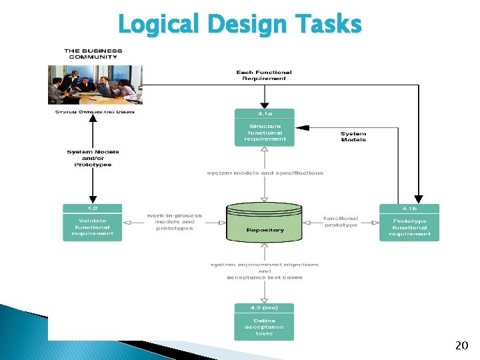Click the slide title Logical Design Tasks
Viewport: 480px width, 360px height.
click(240, 25)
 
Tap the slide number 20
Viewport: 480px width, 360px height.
click(461, 345)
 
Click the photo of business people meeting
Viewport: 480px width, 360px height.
click(95, 83)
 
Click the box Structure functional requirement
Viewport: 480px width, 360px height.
click(265, 133)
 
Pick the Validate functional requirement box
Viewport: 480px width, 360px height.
click(93, 227)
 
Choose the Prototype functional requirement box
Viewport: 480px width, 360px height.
click(409, 227)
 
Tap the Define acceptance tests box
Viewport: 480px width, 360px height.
click(265, 327)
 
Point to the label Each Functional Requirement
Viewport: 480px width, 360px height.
click(264, 75)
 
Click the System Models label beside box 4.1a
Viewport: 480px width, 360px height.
click(353, 137)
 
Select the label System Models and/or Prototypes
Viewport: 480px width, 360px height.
click(93, 158)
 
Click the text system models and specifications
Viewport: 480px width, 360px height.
click(265, 173)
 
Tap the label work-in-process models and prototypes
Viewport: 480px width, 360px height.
click(175, 222)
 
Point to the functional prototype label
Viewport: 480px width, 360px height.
click(341, 221)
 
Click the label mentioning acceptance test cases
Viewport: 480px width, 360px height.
click(265, 271)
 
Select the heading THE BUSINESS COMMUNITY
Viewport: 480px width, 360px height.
click(93, 53)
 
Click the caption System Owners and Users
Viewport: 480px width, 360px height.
click(95, 111)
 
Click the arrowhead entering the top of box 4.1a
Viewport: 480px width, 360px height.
click(265, 105)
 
